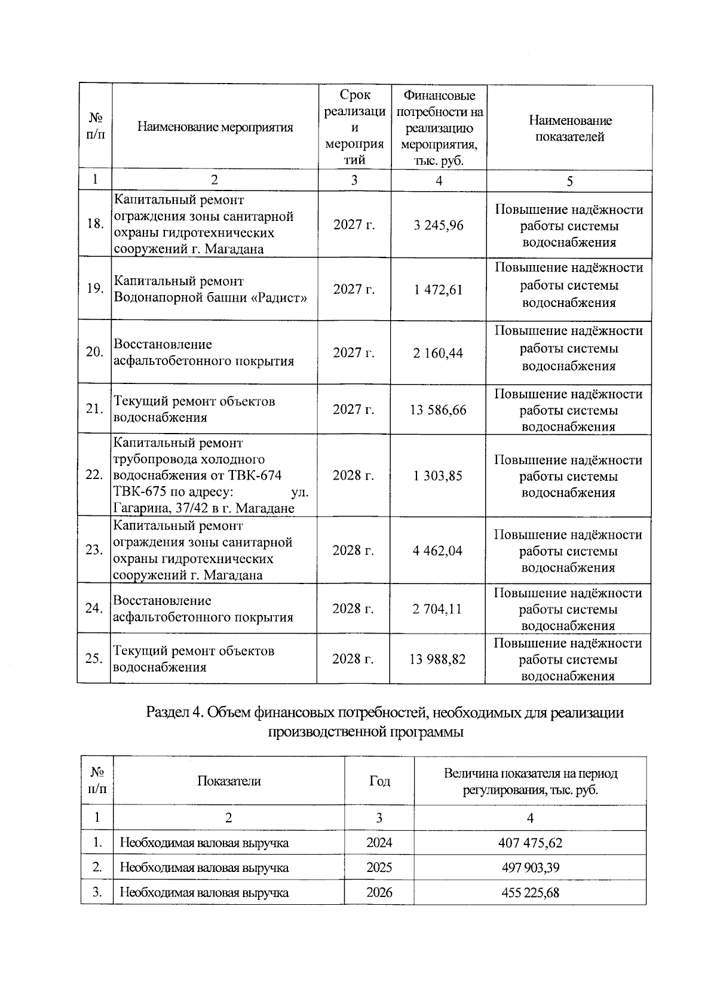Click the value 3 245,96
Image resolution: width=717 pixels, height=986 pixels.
tap(439, 225)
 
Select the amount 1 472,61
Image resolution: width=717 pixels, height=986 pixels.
tap(439, 290)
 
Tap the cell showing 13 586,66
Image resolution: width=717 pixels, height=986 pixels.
tap(438, 410)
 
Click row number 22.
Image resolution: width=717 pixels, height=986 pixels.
tap(94, 475)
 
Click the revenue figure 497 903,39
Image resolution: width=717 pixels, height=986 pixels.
tap(530, 867)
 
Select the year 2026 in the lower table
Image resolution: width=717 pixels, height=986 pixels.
tap(379, 893)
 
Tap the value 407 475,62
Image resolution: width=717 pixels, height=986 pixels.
tap(530, 843)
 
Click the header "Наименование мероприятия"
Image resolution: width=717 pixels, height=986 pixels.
tap(215, 127)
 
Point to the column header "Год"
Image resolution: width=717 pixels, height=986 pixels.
tap(379, 781)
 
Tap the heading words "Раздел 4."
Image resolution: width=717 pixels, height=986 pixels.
tap(174, 712)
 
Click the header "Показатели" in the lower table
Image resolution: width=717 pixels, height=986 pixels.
tap(229, 781)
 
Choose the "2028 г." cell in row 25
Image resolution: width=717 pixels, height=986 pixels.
tap(353, 659)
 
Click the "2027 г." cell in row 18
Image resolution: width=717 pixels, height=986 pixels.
tap(354, 225)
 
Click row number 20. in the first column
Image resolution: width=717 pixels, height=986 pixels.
tap(94, 352)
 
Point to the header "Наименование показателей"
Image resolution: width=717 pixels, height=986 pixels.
tap(569, 128)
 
